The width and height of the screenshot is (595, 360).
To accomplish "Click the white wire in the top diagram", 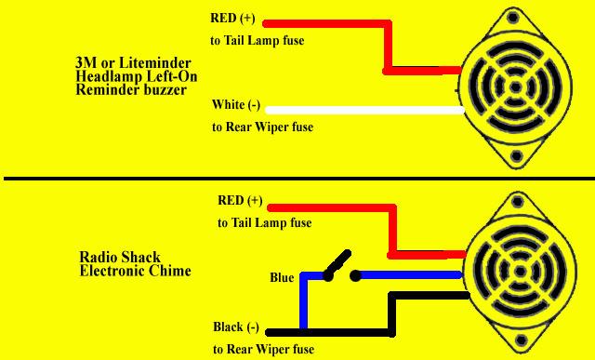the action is click(365, 110).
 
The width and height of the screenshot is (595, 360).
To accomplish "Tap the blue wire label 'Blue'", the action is click(282, 277).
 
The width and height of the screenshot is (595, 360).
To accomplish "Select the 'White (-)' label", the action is click(236, 104).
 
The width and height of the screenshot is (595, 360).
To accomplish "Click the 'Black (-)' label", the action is click(236, 327).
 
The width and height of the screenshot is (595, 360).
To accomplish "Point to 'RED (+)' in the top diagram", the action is click(232, 19).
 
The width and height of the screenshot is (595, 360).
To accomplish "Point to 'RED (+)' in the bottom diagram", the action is click(240, 201).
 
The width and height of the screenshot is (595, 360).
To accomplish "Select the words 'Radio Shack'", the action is click(120, 258).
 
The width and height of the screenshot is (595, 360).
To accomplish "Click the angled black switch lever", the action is click(337, 262).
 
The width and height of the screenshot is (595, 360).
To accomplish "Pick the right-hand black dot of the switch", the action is click(355, 276).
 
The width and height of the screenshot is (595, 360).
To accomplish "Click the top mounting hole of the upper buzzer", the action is click(513, 18).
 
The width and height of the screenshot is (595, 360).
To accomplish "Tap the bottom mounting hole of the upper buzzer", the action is click(516, 155).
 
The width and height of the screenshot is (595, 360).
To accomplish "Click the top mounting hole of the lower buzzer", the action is click(518, 201).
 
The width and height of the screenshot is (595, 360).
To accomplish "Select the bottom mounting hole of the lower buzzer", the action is click(522, 340).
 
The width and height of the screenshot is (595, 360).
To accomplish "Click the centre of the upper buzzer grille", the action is click(515, 87).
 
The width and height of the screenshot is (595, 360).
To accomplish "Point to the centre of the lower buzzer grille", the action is click(520, 271).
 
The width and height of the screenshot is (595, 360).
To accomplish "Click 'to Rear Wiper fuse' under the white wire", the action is click(262, 127).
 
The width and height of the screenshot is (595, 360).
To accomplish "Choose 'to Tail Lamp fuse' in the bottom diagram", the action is click(265, 222).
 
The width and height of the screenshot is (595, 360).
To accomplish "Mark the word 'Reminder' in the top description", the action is click(104, 90).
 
